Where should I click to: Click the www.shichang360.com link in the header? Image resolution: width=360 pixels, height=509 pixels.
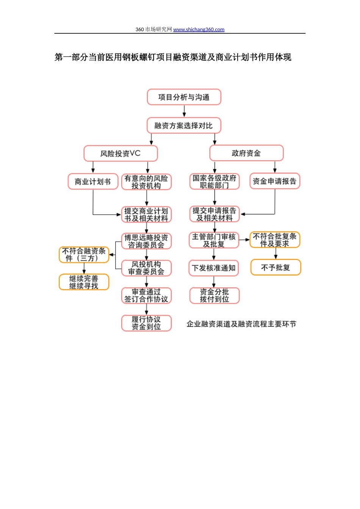(199, 30)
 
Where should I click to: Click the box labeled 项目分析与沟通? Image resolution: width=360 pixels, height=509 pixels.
(184, 97)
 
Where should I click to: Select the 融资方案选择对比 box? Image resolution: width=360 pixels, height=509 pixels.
(184, 126)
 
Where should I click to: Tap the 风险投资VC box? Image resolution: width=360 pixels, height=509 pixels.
(121, 153)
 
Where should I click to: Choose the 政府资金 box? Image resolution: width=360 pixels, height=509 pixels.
(246, 153)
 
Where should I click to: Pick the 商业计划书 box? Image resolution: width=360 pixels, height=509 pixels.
(93, 181)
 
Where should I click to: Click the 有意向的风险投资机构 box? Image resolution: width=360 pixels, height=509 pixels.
(146, 182)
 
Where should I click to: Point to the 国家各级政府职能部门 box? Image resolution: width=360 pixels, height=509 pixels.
(214, 181)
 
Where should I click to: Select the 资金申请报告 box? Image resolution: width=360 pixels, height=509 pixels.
(275, 181)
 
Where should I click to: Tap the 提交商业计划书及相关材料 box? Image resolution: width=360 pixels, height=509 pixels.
(146, 214)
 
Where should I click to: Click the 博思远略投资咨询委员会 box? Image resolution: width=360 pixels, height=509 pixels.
(146, 241)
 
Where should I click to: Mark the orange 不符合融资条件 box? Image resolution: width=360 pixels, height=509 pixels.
(84, 254)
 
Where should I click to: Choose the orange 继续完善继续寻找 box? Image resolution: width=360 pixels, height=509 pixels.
(84, 282)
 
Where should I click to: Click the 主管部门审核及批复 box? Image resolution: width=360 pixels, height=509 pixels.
(214, 240)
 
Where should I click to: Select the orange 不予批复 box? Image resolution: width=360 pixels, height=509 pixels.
(275, 267)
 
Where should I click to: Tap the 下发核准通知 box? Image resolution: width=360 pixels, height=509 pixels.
(214, 268)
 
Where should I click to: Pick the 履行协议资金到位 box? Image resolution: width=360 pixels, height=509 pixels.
(146, 323)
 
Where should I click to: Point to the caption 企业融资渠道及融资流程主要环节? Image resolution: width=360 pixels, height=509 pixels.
(241, 324)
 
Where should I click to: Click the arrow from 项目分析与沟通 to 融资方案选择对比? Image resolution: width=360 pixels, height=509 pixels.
(184, 111)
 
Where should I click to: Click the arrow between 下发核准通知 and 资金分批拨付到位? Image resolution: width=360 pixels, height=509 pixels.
(214, 282)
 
